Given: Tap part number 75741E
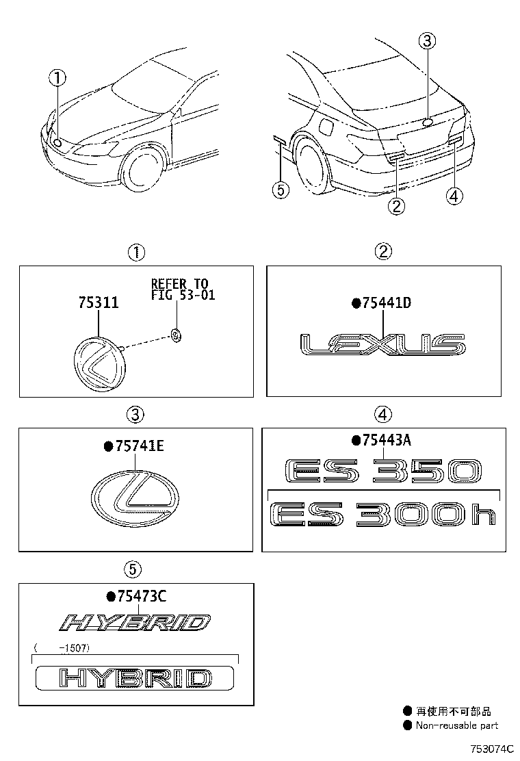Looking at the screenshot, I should (x=138, y=447).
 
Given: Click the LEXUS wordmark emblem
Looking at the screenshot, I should (x=383, y=346).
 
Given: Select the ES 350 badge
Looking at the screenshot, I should (x=383, y=472).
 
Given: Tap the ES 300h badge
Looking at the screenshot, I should (x=383, y=514).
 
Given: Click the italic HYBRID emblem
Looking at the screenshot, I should (x=134, y=623).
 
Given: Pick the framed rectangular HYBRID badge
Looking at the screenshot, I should (x=134, y=678).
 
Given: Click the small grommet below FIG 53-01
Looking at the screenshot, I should (x=176, y=335).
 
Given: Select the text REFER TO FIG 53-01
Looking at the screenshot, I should (x=180, y=289).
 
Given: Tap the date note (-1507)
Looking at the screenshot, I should (x=62, y=647).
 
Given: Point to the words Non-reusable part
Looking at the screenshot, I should (x=456, y=725).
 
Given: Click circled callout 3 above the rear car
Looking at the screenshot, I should (x=427, y=42).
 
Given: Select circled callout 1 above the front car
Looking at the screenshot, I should (x=57, y=78).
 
